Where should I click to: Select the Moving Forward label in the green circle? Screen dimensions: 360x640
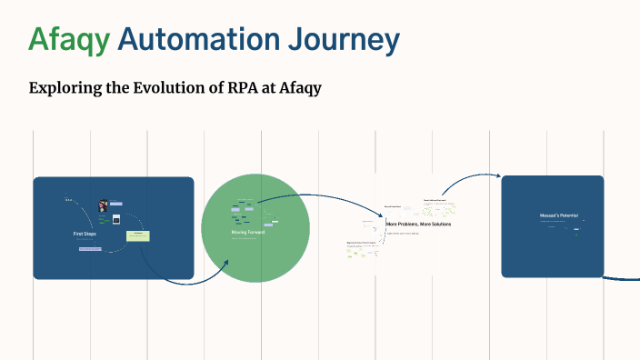(248, 232)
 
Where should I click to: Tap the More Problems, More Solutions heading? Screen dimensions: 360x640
(419, 224)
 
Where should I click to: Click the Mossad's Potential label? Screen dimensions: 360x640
(553, 215)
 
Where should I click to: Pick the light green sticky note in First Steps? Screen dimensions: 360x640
(138, 236)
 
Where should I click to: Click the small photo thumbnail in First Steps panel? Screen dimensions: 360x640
(104, 205)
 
